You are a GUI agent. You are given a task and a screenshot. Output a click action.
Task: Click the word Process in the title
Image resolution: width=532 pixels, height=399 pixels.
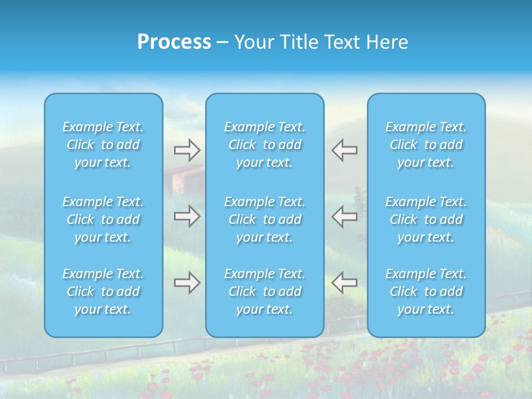(x=174, y=42)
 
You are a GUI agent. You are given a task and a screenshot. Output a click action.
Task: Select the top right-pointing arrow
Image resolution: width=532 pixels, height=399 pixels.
(x=187, y=150)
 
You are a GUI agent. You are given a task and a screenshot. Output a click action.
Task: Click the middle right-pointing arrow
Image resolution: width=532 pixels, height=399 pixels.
(x=187, y=216)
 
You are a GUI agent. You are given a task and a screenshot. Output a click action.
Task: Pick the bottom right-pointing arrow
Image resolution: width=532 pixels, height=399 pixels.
(x=187, y=282)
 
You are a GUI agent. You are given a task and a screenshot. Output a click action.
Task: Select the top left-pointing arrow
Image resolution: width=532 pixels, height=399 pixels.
(x=345, y=150)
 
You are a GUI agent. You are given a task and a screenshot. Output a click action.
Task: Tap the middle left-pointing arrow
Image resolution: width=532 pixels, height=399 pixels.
(x=345, y=216)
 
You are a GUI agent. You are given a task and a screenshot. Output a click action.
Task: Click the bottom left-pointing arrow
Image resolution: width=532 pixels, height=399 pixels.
(x=345, y=282)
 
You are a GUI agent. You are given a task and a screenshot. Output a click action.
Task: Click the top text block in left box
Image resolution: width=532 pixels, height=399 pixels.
(x=103, y=145)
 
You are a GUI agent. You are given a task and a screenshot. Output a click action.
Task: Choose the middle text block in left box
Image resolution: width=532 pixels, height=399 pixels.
(x=103, y=219)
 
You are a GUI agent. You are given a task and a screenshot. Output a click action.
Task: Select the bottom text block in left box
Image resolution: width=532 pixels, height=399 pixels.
(x=103, y=291)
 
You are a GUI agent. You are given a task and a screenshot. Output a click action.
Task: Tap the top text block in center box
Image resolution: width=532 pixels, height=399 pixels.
(x=265, y=145)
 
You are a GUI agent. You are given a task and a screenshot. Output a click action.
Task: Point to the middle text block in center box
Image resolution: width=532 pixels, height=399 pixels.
(x=265, y=219)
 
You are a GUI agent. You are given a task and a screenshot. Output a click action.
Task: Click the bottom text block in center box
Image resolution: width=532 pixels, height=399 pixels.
(x=265, y=291)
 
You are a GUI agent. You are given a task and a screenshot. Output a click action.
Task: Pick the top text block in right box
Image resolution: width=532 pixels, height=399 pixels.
(x=426, y=145)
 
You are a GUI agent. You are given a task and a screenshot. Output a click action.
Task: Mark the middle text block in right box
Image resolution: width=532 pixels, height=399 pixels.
(x=426, y=219)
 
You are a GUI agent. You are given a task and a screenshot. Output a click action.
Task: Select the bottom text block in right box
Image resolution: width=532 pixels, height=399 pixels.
(x=426, y=291)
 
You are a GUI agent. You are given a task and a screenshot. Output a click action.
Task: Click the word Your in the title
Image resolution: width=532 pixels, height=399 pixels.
(x=252, y=42)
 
